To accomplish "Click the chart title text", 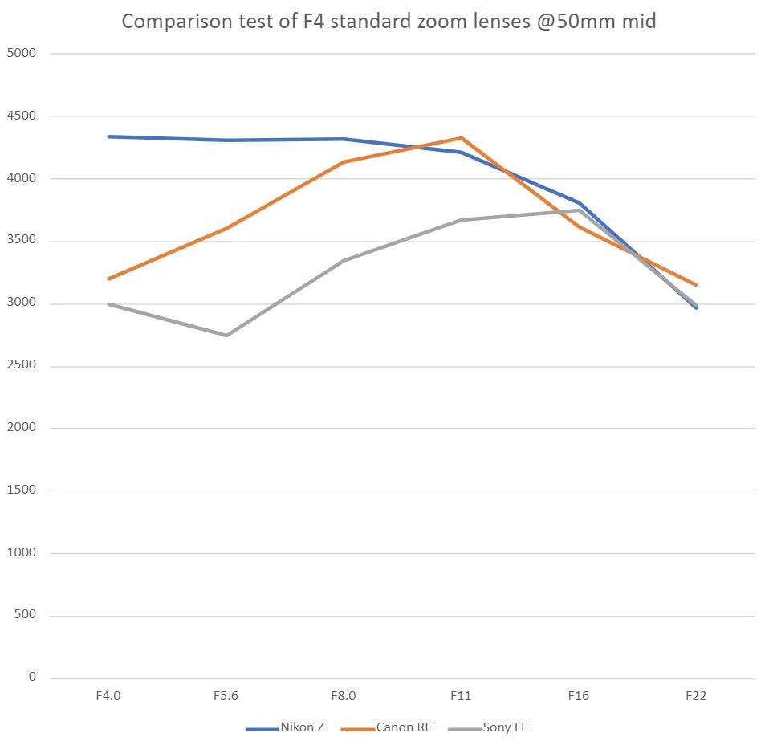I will [x=389, y=21].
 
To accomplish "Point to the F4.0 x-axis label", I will [x=108, y=696].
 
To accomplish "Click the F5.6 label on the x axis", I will [x=226, y=696].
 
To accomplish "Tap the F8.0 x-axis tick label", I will [x=344, y=696].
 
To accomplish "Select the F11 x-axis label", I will [x=461, y=696].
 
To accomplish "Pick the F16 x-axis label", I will [x=578, y=696].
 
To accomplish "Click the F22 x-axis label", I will [x=696, y=696].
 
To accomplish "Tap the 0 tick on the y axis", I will [x=33, y=678].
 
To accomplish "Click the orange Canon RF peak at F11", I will [x=461, y=138].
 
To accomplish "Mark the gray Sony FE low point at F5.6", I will [x=226, y=336].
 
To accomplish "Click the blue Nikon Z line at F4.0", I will [x=108, y=136].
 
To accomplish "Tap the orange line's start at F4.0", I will [x=108, y=279].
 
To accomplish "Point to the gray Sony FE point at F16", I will [x=578, y=210].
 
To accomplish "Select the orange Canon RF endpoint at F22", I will [x=696, y=285].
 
